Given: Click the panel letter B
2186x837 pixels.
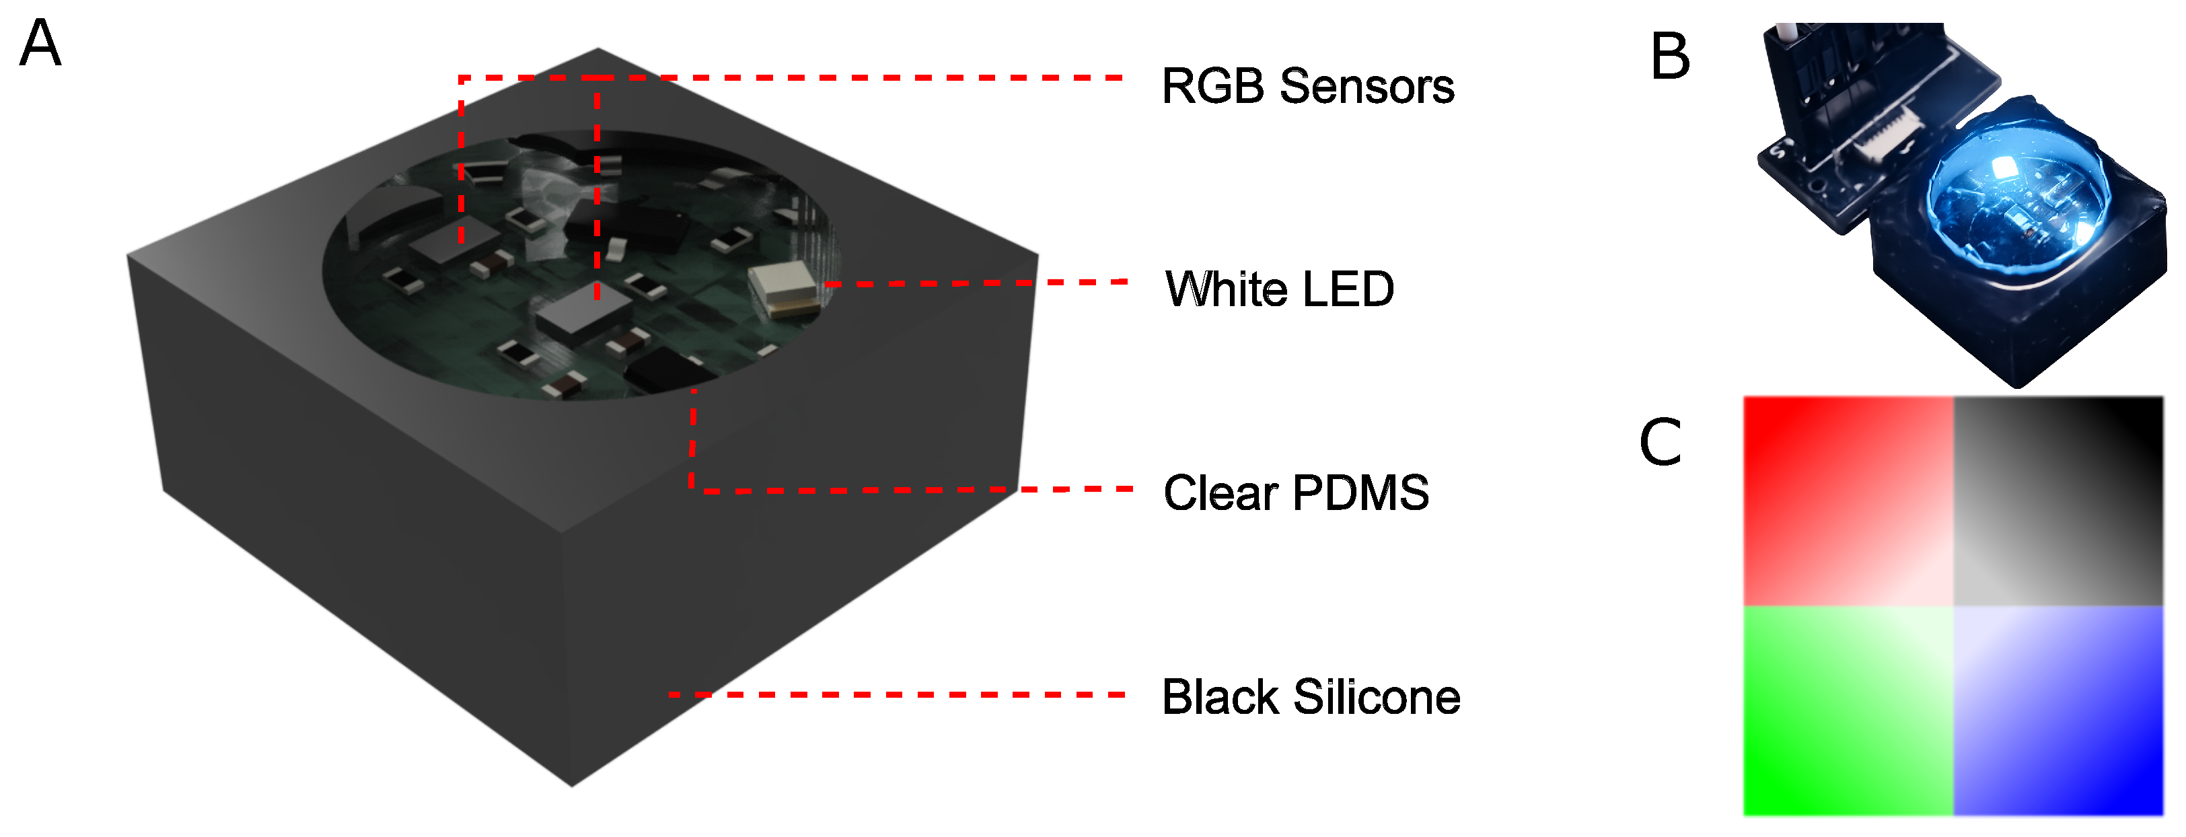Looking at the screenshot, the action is pyautogui.click(x=1670, y=57).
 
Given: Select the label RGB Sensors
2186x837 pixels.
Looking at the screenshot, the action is pyautogui.click(x=1308, y=87).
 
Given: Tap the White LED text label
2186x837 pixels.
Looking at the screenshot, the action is pyautogui.click(x=1280, y=289).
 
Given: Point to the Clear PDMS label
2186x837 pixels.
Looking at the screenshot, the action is pyautogui.click(x=1296, y=493).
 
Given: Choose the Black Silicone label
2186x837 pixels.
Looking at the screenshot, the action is pyautogui.click(x=1311, y=697).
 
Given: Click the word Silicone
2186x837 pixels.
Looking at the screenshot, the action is pyautogui.click(x=1377, y=697).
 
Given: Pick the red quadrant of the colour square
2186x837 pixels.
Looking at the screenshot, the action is pyautogui.click(x=1848, y=501).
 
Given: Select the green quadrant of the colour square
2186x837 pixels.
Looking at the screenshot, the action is pyautogui.click(x=1848, y=711).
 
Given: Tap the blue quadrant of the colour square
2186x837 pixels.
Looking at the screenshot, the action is pyautogui.click(x=2059, y=711).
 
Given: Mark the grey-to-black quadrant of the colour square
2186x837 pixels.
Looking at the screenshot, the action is pyautogui.click(x=2059, y=501).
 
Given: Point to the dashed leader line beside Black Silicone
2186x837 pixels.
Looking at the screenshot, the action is pyautogui.click(x=897, y=694).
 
